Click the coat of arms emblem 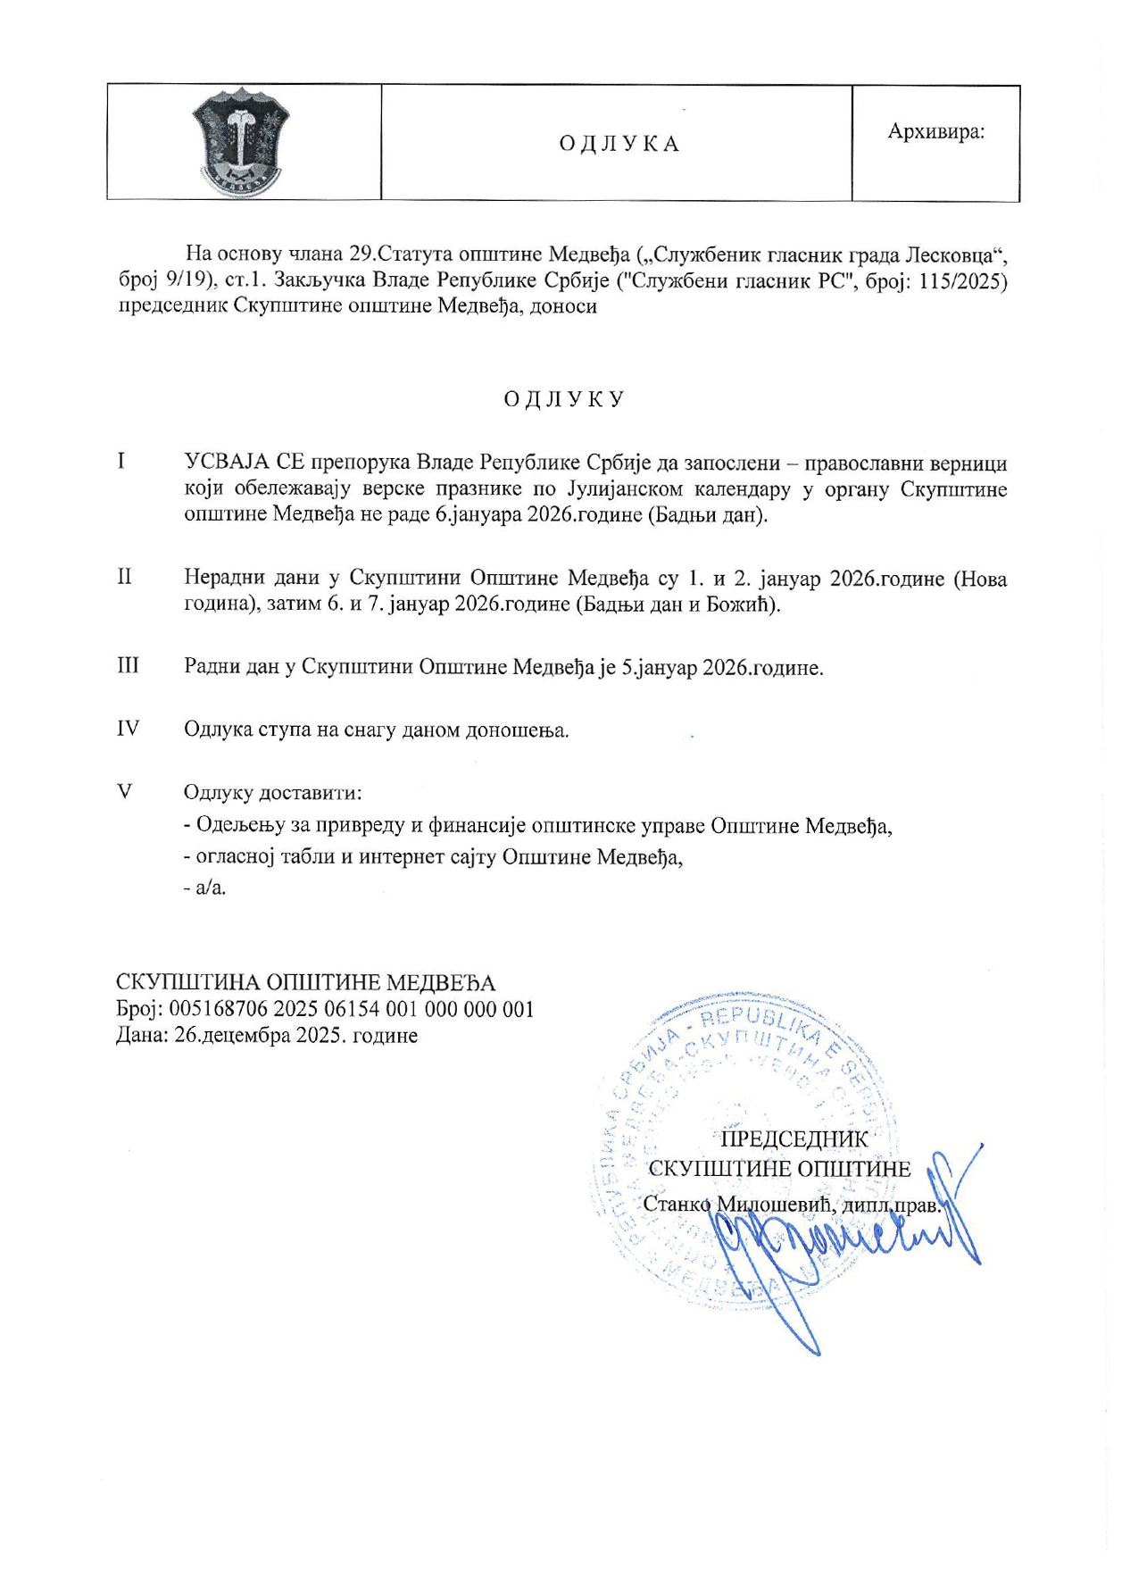click(x=241, y=141)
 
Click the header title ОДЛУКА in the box click(x=619, y=144)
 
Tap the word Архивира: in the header click(x=935, y=131)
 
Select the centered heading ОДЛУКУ click(x=563, y=398)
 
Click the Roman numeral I click(x=121, y=461)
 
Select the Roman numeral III click(x=128, y=665)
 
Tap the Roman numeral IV click(x=129, y=728)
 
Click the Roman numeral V click(x=125, y=791)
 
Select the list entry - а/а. click(x=204, y=888)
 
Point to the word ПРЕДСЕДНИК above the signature click(x=794, y=1138)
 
